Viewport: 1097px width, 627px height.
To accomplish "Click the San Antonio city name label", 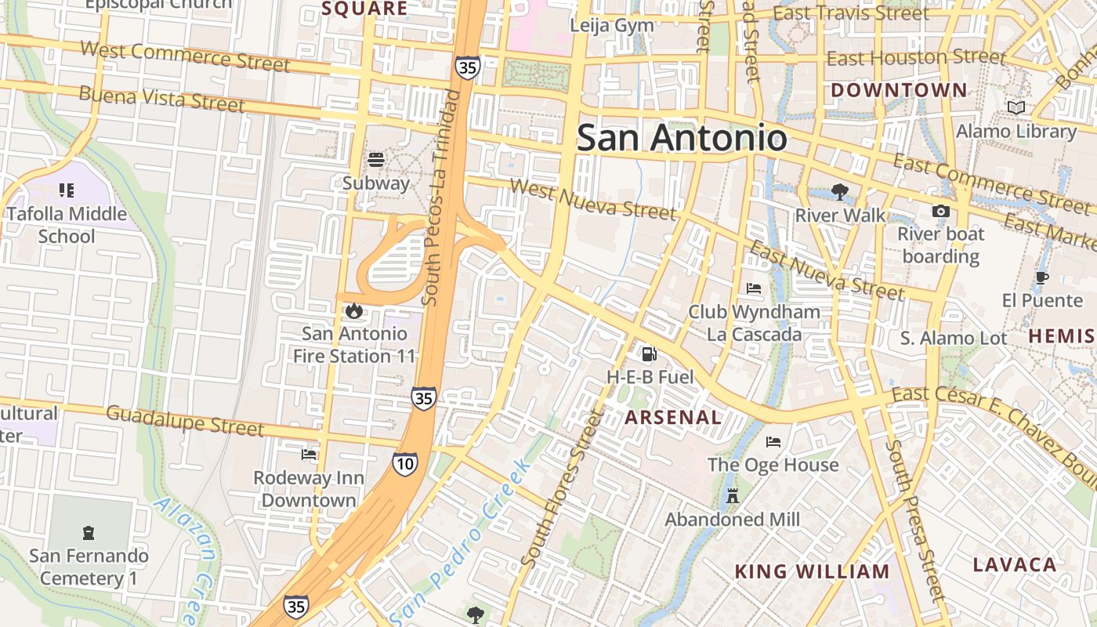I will (x=682, y=139).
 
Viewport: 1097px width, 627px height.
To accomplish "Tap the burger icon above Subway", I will (x=376, y=161).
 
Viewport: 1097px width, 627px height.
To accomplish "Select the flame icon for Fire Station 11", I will (x=354, y=311).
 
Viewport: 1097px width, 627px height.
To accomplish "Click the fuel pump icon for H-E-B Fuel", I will (x=650, y=354).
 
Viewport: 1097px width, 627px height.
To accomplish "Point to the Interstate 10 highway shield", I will (x=405, y=463).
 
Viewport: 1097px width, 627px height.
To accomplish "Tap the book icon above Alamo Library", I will (x=1016, y=108).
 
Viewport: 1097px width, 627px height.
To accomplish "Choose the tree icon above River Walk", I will (x=839, y=192).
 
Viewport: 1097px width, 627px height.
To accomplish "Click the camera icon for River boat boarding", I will (x=940, y=211).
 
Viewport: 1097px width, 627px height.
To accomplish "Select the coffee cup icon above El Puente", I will (x=1041, y=277).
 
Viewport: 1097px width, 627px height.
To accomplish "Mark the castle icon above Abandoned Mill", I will (x=733, y=496).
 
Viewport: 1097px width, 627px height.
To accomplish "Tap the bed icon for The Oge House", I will (x=773, y=442).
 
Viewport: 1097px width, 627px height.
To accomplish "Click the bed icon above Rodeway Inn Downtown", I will (x=309, y=455).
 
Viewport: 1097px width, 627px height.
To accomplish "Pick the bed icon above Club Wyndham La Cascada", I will (x=754, y=288).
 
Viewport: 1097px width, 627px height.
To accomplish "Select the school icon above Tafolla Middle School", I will (x=67, y=190).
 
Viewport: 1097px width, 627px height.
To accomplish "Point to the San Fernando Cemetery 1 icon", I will (x=89, y=533).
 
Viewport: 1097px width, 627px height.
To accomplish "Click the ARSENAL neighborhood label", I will (x=673, y=418).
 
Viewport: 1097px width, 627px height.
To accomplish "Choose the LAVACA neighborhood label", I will (x=1014, y=564).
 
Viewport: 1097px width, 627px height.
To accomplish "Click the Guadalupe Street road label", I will (x=185, y=420).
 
